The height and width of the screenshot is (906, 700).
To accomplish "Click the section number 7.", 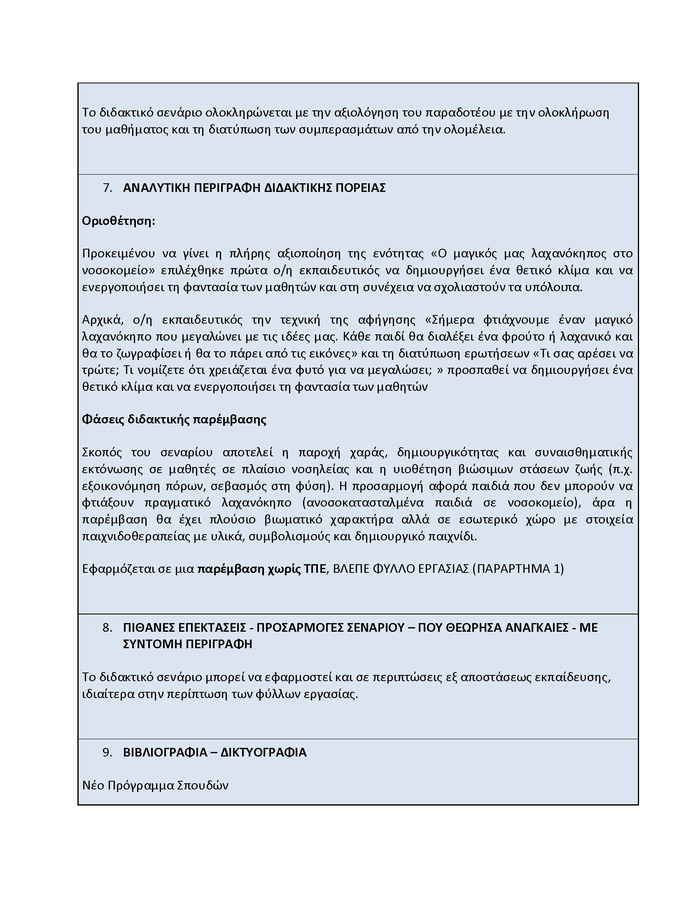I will coord(107,188).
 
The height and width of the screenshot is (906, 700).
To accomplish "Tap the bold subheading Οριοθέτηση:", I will coord(118,221).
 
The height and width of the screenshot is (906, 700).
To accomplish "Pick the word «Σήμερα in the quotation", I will coord(449,320).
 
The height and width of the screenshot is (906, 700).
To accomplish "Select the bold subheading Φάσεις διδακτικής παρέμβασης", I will coord(174,419).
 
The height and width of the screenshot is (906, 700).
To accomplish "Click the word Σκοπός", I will coord(102,452).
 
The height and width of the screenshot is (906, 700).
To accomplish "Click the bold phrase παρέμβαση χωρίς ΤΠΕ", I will coord(261,568).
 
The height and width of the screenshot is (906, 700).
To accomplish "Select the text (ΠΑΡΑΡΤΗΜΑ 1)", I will coord(518,568).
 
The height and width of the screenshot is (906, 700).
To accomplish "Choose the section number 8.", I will coord(107,628).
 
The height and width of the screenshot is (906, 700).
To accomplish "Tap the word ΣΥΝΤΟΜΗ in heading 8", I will coord(152,644).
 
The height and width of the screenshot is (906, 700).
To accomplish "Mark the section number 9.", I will coord(107,752).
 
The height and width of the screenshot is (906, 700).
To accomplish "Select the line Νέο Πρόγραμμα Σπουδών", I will coord(155,785).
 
